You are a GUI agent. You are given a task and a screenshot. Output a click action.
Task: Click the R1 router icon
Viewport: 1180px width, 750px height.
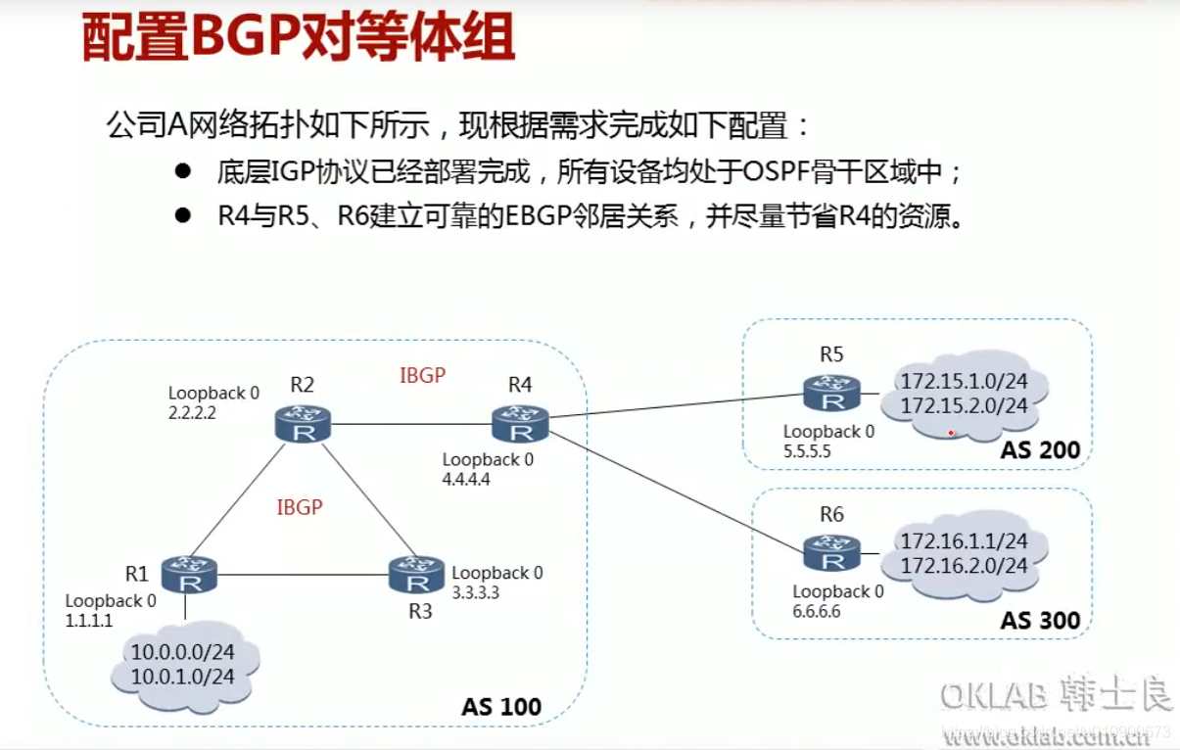[x=189, y=574]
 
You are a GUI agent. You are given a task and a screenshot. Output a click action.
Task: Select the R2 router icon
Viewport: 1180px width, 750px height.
[x=304, y=424]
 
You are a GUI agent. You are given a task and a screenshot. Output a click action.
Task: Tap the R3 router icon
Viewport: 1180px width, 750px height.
[x=418, y=575]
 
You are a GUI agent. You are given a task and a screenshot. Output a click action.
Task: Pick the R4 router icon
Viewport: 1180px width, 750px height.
[x=520, y=424]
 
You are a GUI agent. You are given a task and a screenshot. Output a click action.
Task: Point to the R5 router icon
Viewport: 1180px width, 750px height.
[x=831, y=394]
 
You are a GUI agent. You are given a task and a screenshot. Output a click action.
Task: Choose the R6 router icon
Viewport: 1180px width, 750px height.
[x=831, y=553]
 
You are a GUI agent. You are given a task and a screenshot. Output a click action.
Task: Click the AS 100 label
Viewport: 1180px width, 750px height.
[x=500, y=706]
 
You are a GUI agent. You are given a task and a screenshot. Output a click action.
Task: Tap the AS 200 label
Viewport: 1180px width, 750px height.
[x=1040, y=450]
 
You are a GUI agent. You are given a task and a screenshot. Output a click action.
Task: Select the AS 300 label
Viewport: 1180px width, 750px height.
[x=1040, y=620]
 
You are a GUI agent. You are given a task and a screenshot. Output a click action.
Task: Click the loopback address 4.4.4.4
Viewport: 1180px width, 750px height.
[x=465, y=479]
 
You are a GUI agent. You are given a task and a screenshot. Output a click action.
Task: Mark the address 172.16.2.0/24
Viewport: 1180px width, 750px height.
[x=964, y=565]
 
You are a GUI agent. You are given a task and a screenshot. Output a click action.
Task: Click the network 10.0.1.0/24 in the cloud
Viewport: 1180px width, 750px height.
[x=182, y=677]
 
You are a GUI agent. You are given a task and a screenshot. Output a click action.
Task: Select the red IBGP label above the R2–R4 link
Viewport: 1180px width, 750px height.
[x=423, y=375]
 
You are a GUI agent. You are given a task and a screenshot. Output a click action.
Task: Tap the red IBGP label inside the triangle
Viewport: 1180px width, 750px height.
[x=300, y=507]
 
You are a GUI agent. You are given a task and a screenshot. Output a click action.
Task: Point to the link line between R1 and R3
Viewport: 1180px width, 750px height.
[x=304, y=574]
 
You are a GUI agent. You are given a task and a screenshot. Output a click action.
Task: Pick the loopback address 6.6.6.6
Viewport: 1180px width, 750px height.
[x=817, y=611]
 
